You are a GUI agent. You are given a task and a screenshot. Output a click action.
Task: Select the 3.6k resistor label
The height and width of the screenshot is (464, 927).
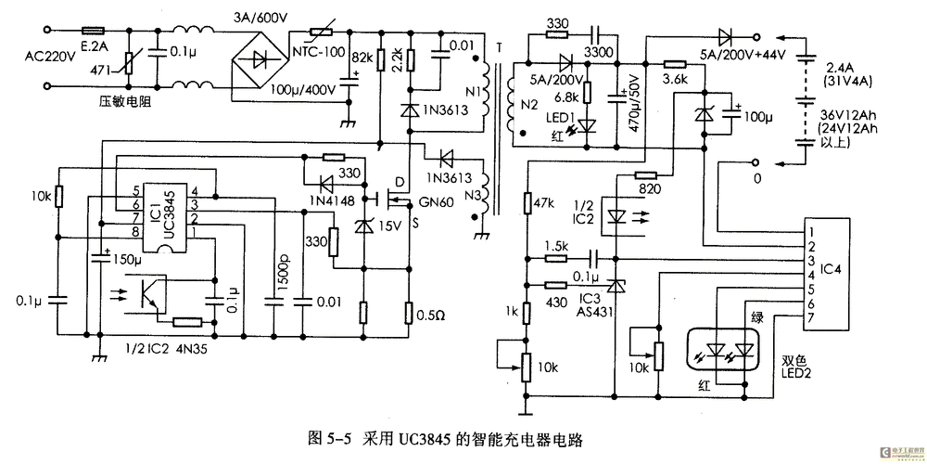pyautogui.click(x=674, y=80)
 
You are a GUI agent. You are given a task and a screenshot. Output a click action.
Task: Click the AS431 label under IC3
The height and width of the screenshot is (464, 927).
pyautogui.click(x=589, y=314)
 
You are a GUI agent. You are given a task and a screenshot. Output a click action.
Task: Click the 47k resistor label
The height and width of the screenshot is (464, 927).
pyautogui.click(x=546, y=201)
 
